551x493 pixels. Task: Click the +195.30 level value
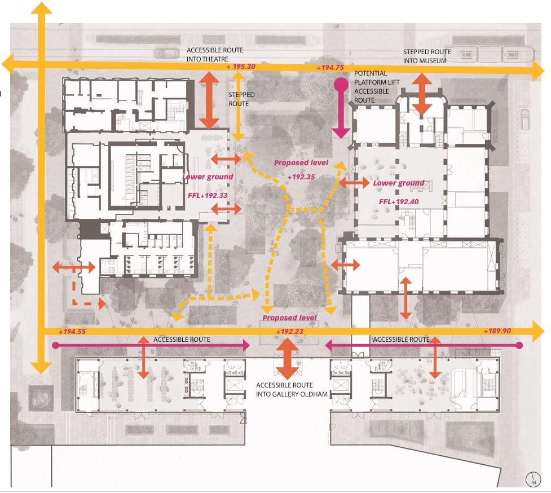coord(241,67)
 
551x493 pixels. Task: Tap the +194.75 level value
coord(330,68)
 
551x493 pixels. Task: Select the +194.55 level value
coord(72,331)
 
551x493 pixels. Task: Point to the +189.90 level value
coord(497,331)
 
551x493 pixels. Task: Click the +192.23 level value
coord(289,331)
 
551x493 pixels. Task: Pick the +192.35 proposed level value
coord(301,177)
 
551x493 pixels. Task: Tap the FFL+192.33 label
coord(208,195)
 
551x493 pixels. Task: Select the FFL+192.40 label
coord(399,202)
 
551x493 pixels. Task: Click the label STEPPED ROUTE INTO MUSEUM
coord(427,56)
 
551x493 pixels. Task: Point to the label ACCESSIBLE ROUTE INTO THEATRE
coord(215,55)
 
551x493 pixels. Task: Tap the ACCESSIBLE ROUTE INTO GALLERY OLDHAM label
coord(292,390)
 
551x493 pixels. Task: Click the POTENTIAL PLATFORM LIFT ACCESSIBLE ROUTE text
coord(377,87)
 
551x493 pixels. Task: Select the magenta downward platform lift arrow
coord(341,108)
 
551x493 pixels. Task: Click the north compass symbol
coord(533,479)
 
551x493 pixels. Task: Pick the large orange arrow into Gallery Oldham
coord(288,358)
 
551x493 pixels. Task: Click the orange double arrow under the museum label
coord(422,94)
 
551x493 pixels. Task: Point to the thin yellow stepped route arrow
coord(238,107)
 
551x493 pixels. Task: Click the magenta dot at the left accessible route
coord(55,345)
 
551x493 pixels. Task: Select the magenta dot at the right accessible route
coord(519,345)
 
